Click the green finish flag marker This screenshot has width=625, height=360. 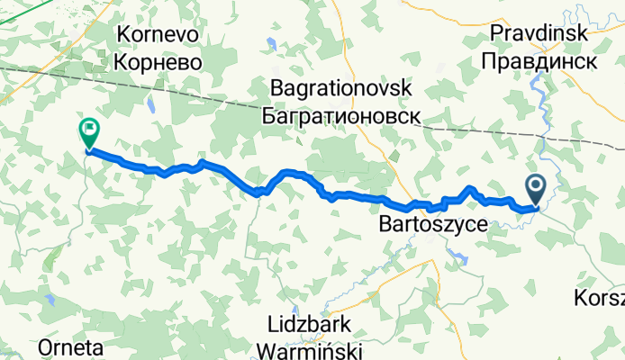89,132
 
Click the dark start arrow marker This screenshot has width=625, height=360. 535,188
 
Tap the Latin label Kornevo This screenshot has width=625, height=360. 158,34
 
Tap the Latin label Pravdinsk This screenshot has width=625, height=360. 539,32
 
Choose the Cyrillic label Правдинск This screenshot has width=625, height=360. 539,61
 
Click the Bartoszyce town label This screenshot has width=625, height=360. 433,221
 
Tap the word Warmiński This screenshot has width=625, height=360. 313,348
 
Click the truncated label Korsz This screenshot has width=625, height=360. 604,297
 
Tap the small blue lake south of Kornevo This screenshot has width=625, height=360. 152,106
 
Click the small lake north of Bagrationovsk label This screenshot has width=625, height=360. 271,42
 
